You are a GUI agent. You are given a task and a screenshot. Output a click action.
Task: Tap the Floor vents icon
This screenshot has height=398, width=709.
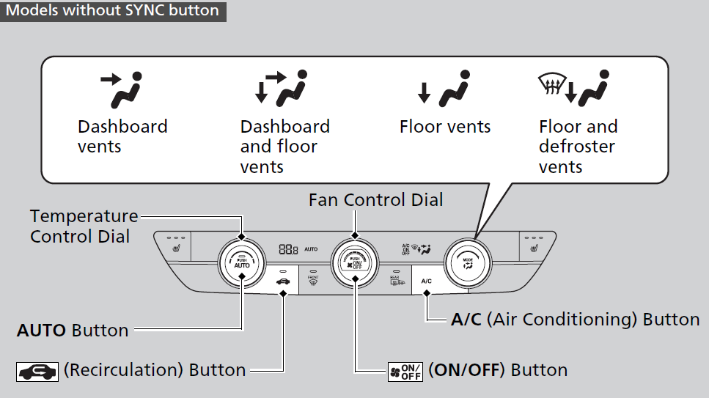tap(443, 89)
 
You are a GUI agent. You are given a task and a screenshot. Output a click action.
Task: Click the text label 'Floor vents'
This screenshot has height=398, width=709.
tap(444, 127)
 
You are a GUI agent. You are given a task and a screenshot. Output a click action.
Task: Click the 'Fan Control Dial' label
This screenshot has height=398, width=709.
tap(375, 199)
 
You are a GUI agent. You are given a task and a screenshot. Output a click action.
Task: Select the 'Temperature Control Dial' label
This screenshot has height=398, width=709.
tap(84, 226)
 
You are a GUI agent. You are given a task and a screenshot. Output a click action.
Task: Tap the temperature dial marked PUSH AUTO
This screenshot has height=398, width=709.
tap(242, 262)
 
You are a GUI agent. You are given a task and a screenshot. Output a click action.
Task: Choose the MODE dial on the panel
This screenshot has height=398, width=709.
tap(467, 262)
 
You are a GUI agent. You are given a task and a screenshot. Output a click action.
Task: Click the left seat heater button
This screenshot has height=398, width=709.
tap(176, 246)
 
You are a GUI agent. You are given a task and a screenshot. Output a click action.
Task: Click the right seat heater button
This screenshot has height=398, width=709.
tap(534, 246)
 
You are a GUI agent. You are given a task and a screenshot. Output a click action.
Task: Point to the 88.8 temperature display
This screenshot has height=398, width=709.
tap(288, 249)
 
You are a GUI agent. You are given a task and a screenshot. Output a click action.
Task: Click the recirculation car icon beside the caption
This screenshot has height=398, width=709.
tap(37, 371)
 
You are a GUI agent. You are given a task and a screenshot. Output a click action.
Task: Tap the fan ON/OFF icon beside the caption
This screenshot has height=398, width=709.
tap(405, 370)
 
